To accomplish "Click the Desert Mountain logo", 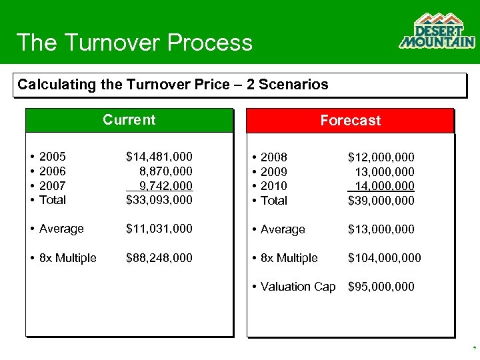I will (437, 31).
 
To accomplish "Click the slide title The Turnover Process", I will (135, 43).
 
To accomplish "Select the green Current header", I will (129, 120).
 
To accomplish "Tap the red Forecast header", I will (350, 121).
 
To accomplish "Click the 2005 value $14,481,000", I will (159, 157).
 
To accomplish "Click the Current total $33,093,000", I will (159, 200).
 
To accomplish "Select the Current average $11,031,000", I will (159, 229).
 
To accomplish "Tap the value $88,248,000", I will (159, 258).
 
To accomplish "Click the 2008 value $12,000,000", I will (381, 157).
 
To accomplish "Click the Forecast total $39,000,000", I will (381, 201).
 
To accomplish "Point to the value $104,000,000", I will (384, 258).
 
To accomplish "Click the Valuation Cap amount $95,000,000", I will (381, 287).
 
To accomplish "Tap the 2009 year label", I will (273, 172).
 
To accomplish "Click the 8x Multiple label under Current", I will (67, 258).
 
